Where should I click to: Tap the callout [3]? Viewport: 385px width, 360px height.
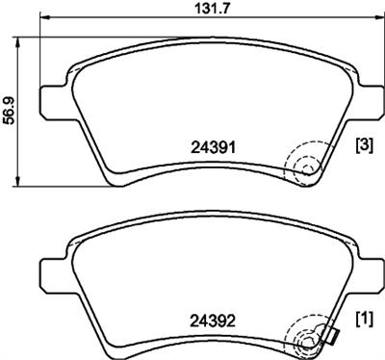coord(365,146)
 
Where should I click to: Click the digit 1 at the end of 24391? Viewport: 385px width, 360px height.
coord(234,146)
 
